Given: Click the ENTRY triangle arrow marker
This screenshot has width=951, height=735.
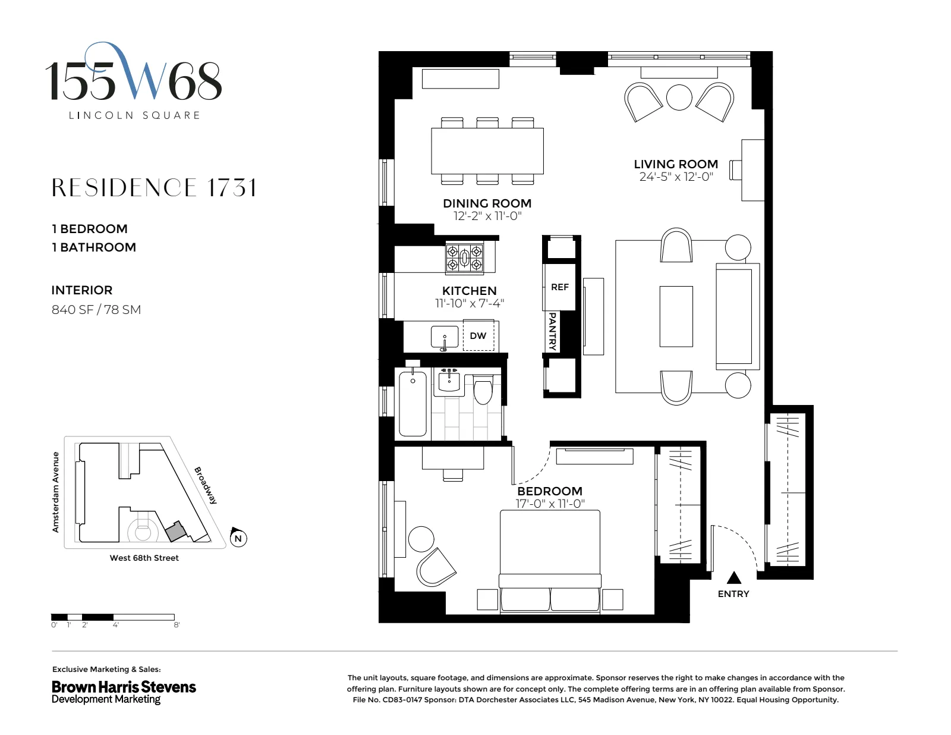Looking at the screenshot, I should [735, 577].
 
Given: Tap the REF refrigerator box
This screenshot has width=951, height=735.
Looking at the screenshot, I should [559, 287].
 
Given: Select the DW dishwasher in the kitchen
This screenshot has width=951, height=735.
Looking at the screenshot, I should [478, 336].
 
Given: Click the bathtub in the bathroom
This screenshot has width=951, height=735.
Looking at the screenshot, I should [412, 404].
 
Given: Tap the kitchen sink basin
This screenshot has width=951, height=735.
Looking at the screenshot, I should [445, 337].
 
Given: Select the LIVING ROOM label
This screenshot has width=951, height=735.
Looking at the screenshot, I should [676, 164].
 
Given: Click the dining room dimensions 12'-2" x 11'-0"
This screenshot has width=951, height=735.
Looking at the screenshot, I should [487, 216].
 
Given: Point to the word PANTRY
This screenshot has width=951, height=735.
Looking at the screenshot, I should [552, 331].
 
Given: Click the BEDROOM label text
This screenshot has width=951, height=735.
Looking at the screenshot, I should [549, 491].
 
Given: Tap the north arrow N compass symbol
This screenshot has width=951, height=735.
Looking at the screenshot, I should [238, 538].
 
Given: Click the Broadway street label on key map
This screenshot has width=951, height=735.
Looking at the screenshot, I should [206, 485].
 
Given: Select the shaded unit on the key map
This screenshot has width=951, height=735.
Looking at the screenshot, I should [175, 531].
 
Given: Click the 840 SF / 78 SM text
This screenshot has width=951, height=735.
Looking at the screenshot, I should [96, 310].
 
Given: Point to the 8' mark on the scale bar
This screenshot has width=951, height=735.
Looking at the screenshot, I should [177, 625].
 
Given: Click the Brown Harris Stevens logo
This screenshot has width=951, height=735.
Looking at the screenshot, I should [124, 692].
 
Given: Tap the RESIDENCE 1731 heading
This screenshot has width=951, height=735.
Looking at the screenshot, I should [155, 188].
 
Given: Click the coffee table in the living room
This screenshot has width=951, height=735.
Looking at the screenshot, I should [676, 316].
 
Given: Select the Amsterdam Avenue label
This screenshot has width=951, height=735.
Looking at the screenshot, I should [56, 492].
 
